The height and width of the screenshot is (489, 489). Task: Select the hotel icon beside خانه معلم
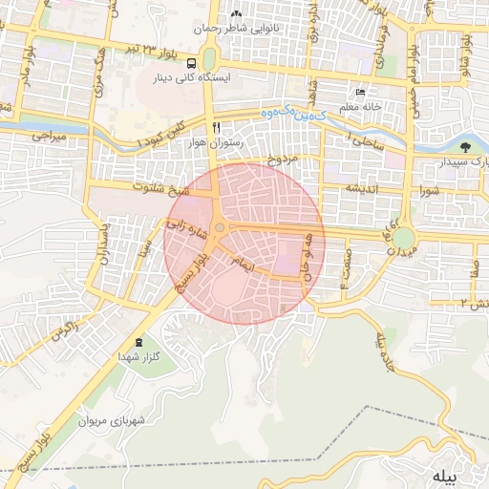[x=360, y=92]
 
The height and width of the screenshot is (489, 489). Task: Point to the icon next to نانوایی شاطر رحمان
[x=236, y=15]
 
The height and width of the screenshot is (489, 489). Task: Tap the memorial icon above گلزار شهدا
[x=140, y=342]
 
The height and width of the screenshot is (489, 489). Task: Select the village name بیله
[x=445, y=475]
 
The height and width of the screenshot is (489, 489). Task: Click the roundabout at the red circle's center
[x=220, y=227]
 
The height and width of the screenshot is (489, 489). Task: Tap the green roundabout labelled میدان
[x=403, y=237]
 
